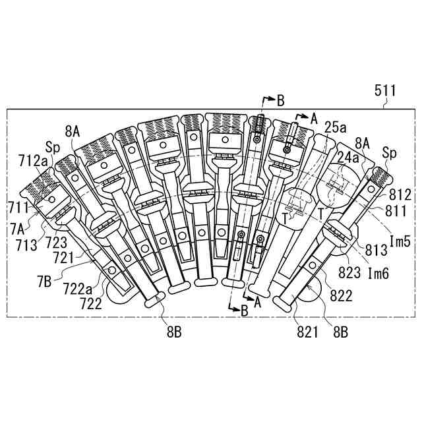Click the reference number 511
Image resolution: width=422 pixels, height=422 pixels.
[386, 91]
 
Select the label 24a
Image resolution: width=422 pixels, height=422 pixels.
[348, 158]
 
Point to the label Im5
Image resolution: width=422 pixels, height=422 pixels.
[400, 241]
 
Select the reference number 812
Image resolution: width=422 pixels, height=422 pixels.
[402, 195]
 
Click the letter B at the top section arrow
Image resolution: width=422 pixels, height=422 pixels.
[280, 100]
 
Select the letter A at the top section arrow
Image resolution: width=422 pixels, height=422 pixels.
[313, 119]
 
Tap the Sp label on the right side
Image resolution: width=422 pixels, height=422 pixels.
[390, 154]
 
